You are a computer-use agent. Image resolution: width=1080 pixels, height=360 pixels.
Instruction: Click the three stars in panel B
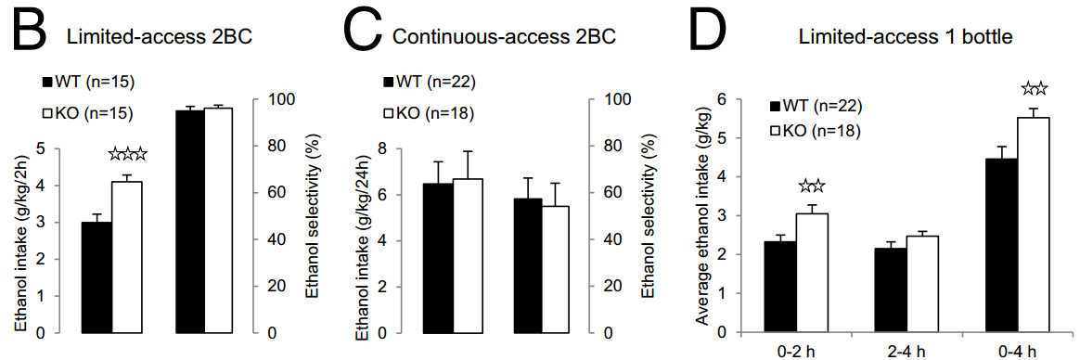point(127,155)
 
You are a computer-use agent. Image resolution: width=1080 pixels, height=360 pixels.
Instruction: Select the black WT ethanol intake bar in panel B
point(96,277)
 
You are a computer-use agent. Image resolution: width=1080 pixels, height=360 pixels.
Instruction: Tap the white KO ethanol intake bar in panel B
point(127,257)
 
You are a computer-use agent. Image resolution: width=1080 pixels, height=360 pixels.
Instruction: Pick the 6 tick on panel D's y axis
point(723,99)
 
